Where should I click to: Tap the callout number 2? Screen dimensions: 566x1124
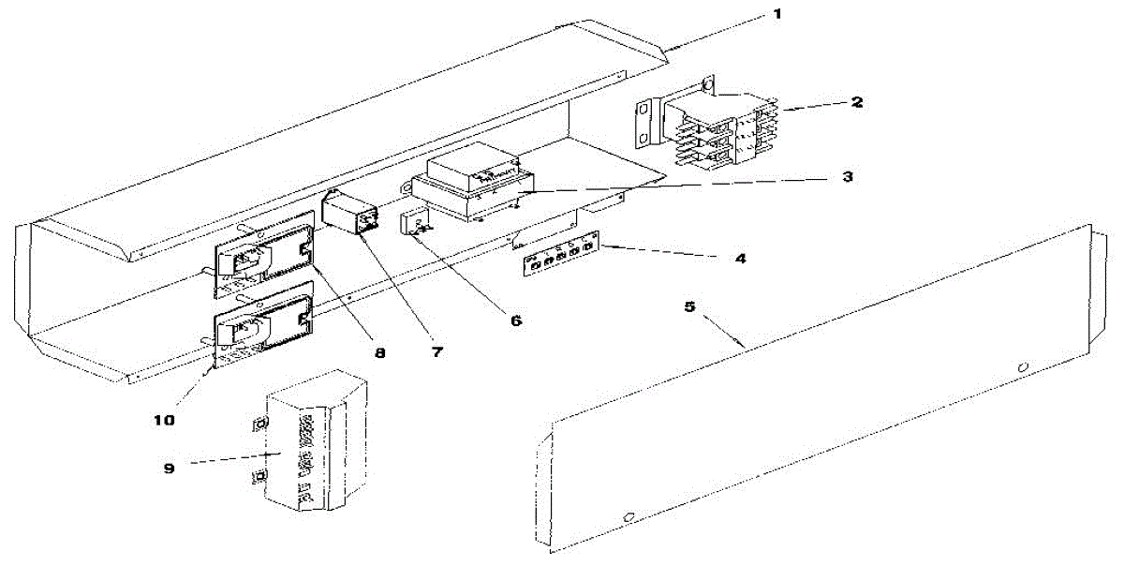point(857,102)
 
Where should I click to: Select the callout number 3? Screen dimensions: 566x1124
point(846,176)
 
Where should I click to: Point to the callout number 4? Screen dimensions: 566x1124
point(740,258)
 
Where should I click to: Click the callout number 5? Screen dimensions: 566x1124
point(689,306)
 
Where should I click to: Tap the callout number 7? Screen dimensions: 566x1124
point(437,353)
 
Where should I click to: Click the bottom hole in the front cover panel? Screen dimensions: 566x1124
point(629,515)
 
